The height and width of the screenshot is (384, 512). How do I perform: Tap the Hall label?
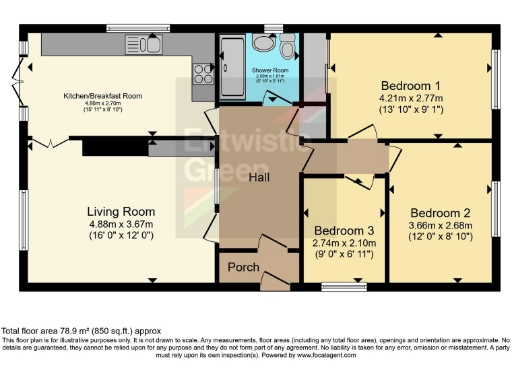259,176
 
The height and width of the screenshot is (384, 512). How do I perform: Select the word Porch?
243,267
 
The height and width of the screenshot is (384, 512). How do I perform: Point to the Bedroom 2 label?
440,213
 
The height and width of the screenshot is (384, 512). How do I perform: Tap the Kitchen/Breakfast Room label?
103,95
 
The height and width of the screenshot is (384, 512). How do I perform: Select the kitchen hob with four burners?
203,72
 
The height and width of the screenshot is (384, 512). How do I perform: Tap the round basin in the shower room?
263,42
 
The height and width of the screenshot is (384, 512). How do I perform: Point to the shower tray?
230,62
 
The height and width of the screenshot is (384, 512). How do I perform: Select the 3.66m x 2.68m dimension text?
440,225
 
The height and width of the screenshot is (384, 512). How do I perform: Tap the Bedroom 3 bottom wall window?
337,286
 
